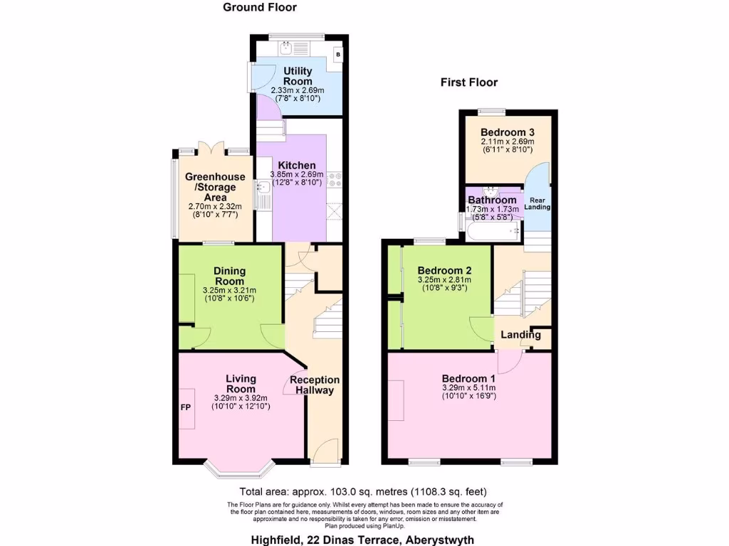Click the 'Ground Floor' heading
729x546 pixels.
(260, 7)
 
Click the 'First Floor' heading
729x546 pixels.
(468, 82)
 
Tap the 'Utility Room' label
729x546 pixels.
(298, 76)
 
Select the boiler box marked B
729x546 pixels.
(337, 54)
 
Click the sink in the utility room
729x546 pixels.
(287, 48)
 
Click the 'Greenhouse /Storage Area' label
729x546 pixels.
(215, 187)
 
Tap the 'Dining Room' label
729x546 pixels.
(229, 276)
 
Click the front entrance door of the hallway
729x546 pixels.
(326, 452)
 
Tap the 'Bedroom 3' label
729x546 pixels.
(507, 132)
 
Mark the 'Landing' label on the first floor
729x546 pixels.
(520, 335)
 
